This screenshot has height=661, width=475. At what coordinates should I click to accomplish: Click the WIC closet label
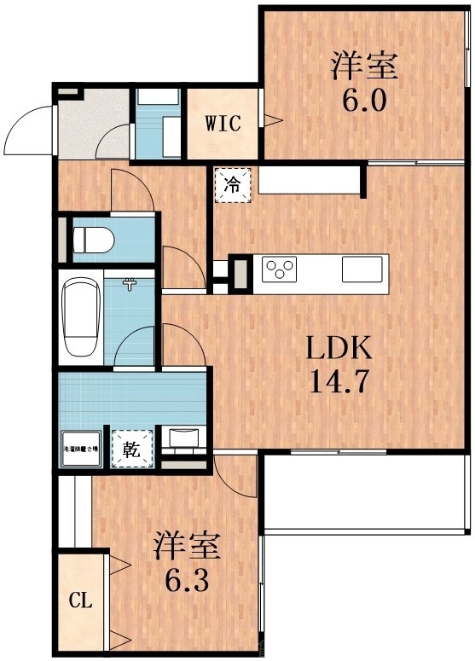click(222, 122)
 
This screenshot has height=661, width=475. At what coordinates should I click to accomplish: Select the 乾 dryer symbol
click(132, 448)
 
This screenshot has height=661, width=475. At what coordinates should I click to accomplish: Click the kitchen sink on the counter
click(362, 270)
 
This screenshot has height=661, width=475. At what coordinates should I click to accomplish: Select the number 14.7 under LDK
click(339, 380)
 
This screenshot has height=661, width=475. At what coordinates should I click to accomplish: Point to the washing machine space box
click(80, 449)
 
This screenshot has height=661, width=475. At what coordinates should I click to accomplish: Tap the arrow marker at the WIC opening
click(275, 121)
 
